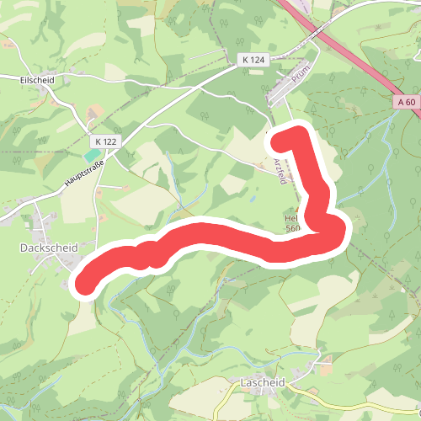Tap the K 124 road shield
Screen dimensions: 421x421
(252, 59)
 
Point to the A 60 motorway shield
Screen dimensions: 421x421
(405, 102)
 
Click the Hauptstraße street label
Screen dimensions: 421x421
(83, 173)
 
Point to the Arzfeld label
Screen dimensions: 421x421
(280, 169)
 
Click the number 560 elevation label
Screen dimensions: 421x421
(292, 228)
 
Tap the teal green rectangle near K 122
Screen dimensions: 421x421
(90, 155)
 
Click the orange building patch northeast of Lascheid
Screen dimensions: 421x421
(324, 368)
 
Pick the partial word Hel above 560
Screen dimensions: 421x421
(290, 217)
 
